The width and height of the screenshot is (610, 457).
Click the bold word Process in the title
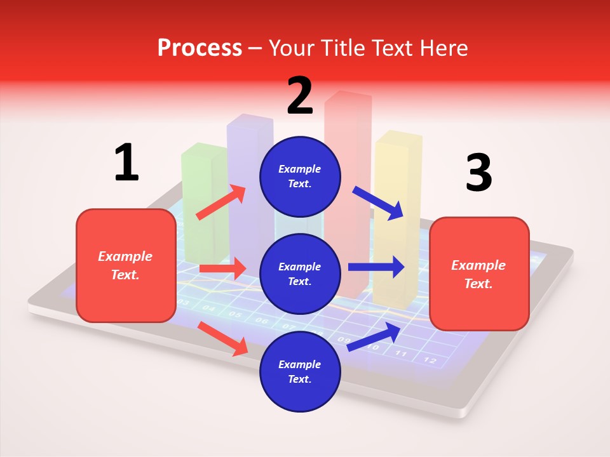point(200,48)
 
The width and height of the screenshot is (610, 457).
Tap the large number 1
point(126,162)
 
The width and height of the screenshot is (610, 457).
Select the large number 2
point(300,95)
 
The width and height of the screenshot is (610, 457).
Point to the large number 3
point(478,173)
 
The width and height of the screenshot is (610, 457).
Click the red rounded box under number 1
point(126,265)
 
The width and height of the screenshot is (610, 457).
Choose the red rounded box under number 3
point(479,274)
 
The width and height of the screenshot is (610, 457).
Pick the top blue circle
point(300,176)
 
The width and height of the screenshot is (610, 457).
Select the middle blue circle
point(300,274)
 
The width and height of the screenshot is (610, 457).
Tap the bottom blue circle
point(300,372)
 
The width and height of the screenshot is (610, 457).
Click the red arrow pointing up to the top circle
point(221,202)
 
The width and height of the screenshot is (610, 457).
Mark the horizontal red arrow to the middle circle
point(222,268)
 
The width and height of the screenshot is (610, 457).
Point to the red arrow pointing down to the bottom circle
point(222,338)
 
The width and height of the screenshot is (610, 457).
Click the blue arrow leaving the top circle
point(378,203)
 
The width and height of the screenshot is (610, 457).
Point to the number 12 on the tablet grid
point(430,360)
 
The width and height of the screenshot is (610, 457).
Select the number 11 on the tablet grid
point(401,353)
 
